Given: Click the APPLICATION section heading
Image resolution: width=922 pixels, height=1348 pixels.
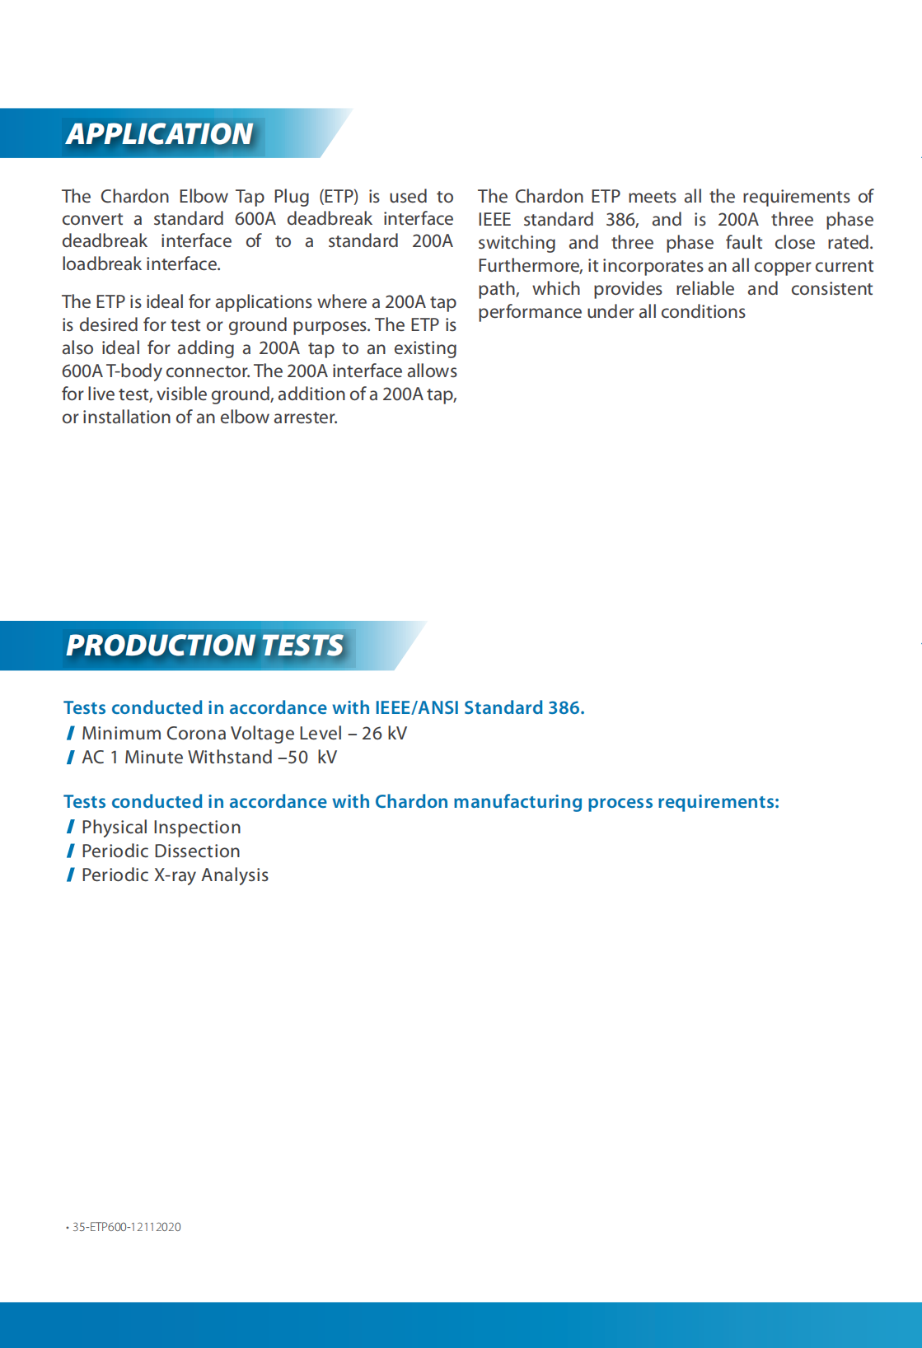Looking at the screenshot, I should tap(160, 134).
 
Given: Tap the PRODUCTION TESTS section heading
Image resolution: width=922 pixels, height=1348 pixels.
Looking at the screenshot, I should tap(204, 646).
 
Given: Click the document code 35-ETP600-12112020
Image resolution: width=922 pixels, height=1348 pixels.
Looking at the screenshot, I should tap(126, 1227).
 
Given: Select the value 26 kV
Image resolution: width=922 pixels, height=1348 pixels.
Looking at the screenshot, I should tap(384, 734).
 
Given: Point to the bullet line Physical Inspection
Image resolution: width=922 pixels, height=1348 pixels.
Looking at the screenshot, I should tap(161, 828).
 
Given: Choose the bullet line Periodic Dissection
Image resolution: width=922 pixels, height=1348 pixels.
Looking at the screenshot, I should tap(161, 851).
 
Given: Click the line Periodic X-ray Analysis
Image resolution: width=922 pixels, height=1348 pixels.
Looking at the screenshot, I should tap(175, 875).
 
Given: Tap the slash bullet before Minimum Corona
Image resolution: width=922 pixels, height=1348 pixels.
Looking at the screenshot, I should tap(71, 734).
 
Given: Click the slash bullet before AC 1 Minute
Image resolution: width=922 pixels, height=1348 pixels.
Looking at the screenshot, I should tap(71, 758).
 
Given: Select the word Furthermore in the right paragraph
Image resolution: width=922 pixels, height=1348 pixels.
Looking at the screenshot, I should tap(530, 266).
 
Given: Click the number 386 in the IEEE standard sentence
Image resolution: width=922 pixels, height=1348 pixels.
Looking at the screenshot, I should tap(621, 220).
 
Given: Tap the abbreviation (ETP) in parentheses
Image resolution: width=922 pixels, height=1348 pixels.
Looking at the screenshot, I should tap(339, 197).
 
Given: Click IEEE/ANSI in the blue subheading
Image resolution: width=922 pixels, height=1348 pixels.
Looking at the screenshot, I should tap(416, 708).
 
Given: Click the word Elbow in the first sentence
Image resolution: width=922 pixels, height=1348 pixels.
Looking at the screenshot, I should tap(203, 197).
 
